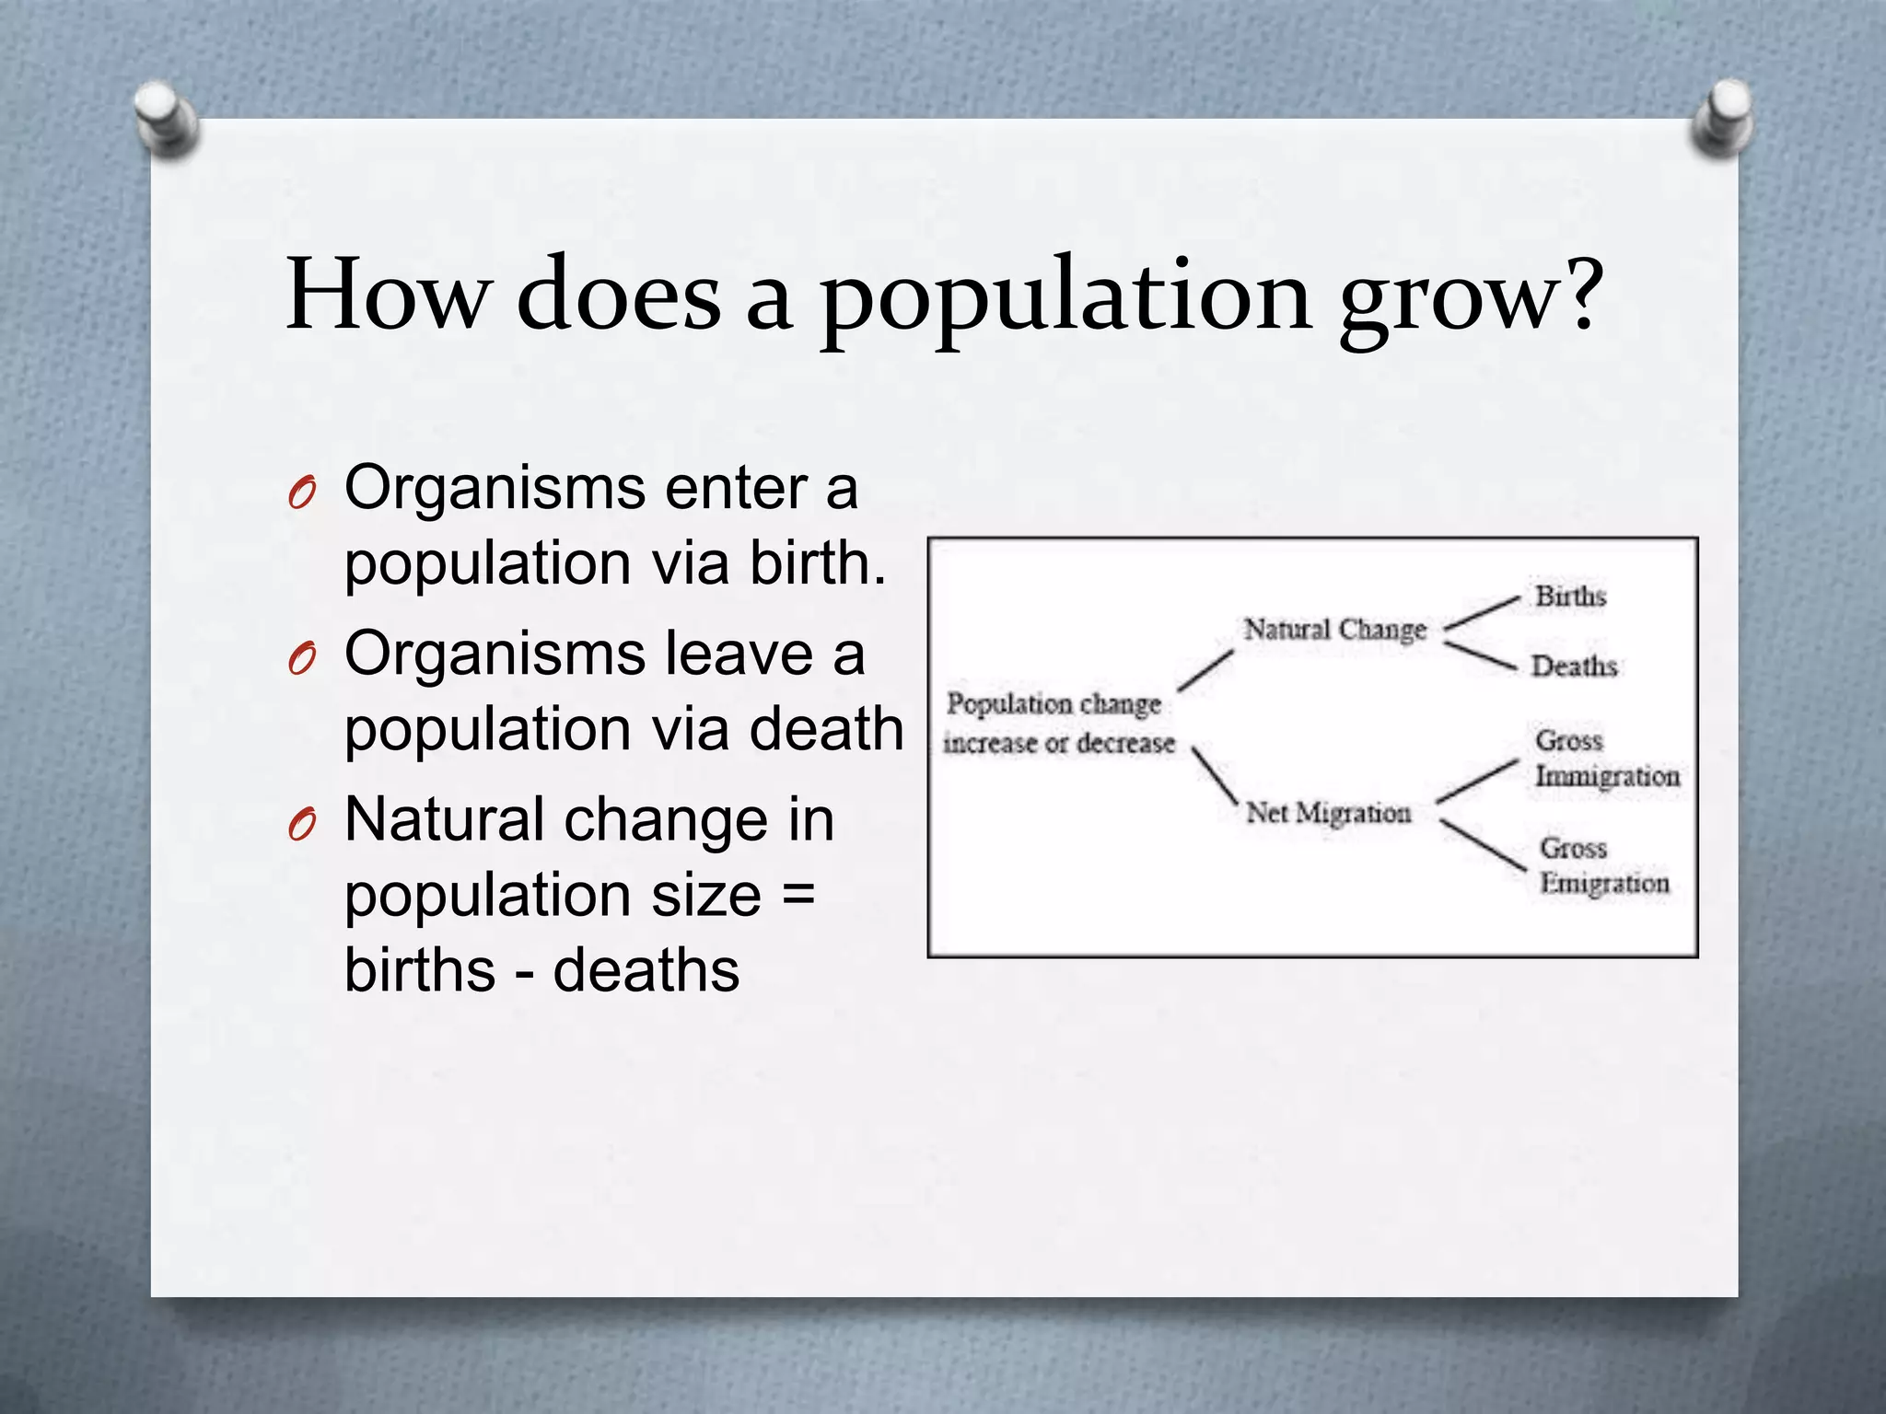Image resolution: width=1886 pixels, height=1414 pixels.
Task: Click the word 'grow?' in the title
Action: pyautogui.click(x=1471, y=299)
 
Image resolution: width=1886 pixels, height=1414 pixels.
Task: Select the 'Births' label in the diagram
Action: pyautogui.click(x=1570, y=597)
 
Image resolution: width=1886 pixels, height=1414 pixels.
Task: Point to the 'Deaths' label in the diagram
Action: pyautogui.click(x=1573, y=666)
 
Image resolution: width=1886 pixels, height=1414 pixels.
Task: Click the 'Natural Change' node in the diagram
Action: pyautogui.click(x=1334, y=630)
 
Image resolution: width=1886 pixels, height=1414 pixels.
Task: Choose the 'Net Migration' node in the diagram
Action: pyautogui.click(x=1328, y=813)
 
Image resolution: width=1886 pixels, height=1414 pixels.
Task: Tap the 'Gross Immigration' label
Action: pyautogui.click(x=1606, y=759)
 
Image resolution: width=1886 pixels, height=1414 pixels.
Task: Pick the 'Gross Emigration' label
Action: pyautogui.click(x=1603, y=865)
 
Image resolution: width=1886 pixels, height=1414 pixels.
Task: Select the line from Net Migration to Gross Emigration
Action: pyautogui.click(x=1482, y=845)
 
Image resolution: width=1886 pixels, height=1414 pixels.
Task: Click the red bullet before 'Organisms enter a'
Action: pyautogui.click(x=301, y=494)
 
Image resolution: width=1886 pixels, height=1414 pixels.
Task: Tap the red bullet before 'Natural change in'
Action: pyautogui.click(x=301, y=826)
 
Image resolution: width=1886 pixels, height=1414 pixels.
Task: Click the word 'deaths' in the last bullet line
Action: pyautogui.click(x=646, y=970)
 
